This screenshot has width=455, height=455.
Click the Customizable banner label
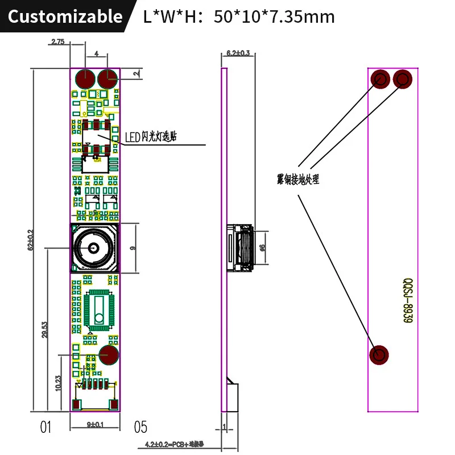[65, 16]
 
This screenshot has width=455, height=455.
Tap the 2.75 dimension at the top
[58, 42]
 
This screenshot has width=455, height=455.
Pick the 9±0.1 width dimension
[95, 424]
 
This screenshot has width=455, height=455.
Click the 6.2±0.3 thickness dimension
[238, 53]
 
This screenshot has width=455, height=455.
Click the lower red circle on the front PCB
[108, 354]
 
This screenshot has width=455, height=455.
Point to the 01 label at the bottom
[46, 427]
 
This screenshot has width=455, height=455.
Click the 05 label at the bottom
[140, 427]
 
